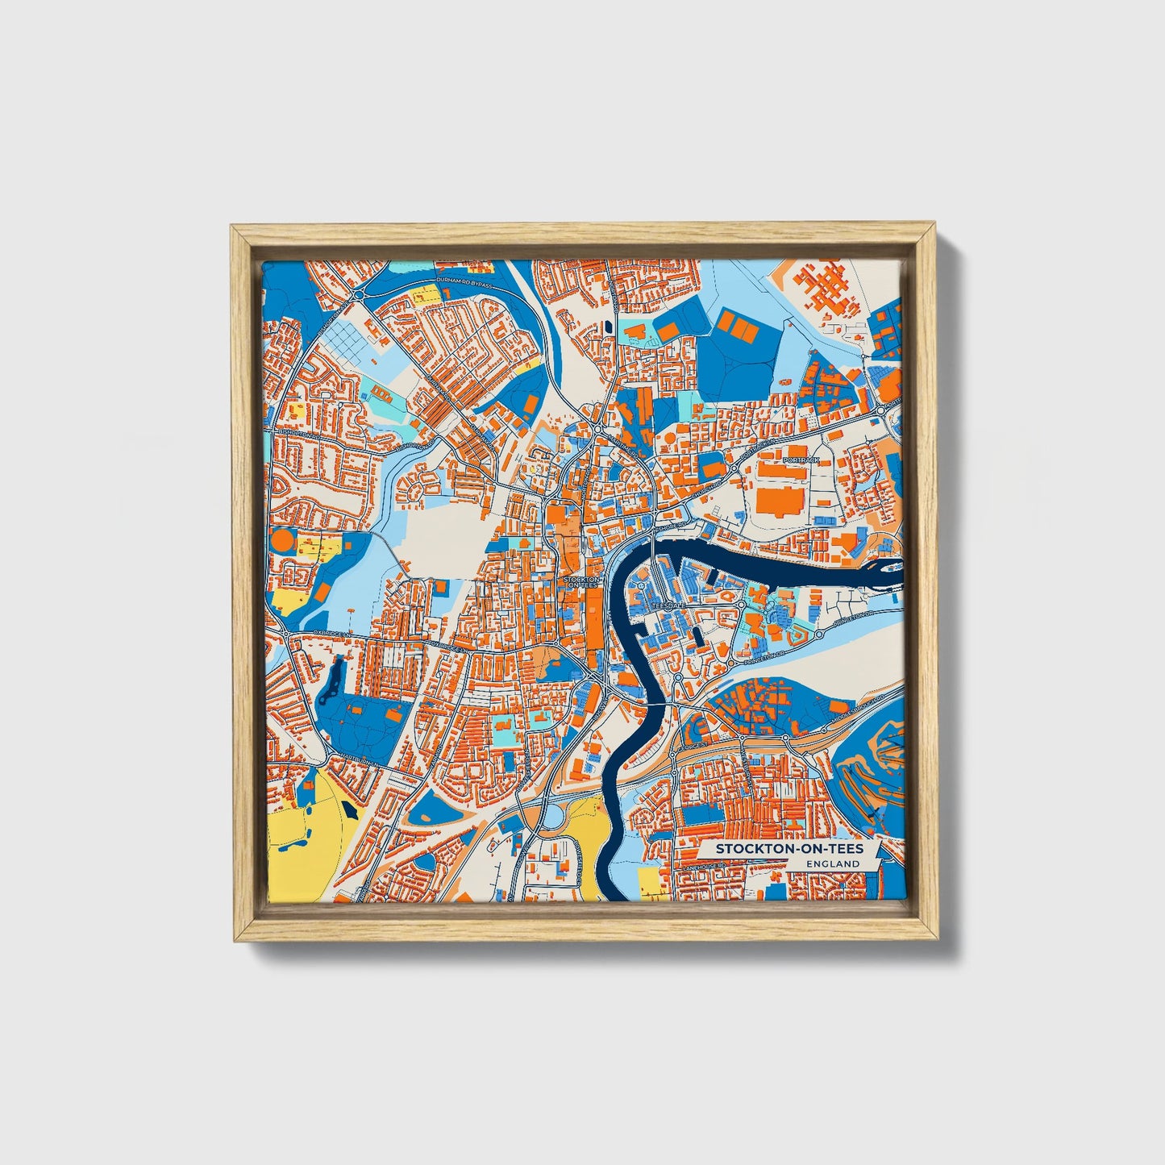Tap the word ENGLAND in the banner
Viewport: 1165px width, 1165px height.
(833, 863)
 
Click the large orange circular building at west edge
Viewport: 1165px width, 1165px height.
(282, 539)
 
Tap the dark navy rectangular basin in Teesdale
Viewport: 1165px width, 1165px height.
(698, 635)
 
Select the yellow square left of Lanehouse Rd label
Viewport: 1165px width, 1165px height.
(647, 880)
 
